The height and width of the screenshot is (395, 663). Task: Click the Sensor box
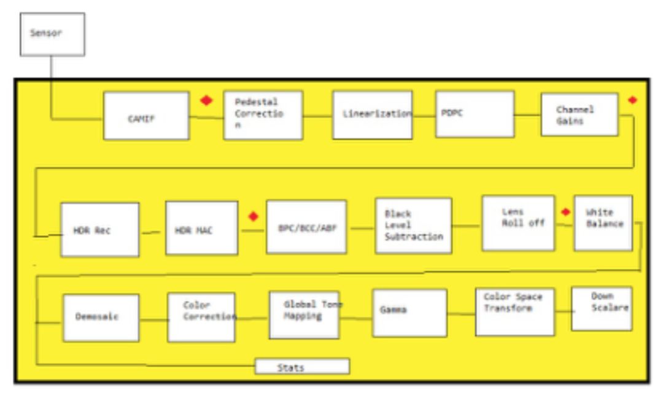point(52,34)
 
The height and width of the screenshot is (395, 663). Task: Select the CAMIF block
point(146,116)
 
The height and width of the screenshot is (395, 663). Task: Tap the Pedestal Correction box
point(263,115)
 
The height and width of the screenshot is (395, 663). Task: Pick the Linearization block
point(373,115)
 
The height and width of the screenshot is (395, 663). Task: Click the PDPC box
point(475,114)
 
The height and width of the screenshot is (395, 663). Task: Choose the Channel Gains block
point(579,114)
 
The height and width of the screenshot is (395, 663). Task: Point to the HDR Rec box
point(99,230)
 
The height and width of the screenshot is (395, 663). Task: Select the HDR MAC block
point(201,228)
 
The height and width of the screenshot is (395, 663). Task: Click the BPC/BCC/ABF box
point(306,227)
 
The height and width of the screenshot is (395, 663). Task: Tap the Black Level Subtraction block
point(413,225)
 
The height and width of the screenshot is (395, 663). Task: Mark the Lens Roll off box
point(518,223)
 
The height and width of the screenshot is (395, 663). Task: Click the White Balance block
point(603,223)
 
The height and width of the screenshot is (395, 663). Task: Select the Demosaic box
point(101,318)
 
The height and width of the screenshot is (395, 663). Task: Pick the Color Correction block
point(201,317)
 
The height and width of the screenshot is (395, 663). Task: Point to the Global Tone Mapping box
point(304,315)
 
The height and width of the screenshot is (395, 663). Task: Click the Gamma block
point(409,313)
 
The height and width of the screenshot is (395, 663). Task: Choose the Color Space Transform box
point(514,311)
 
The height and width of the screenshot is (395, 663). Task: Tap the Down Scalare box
point(602,308)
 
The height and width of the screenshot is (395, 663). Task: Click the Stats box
point(302,367)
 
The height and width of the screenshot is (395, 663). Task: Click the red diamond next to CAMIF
point(206,101)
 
